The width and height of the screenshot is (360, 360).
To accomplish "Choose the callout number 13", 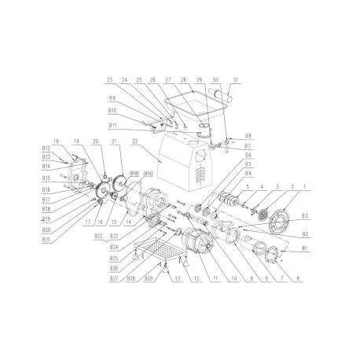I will point(177,279).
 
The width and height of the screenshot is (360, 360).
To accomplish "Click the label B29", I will point(149,279).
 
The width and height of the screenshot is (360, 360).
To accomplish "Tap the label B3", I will point(303,215).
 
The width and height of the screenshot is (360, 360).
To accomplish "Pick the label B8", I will point(248,135).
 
